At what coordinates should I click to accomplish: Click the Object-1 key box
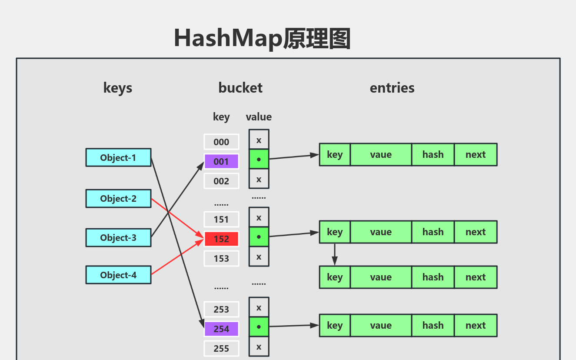point(118,157)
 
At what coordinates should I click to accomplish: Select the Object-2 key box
point(118,198)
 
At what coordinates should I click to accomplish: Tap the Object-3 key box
point(118,238)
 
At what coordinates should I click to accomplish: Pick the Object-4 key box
point(118,275)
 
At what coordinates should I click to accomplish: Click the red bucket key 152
point(221,239)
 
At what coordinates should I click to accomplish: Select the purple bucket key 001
point(221,161)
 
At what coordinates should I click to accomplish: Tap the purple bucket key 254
point(221,329)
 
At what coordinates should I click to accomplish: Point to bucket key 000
point(221,142)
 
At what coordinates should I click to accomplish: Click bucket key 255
point(221,348)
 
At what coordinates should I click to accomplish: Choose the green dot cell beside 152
point(259,237)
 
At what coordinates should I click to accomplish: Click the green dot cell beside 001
point(259,159)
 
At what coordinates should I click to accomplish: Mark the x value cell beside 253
point(259,307)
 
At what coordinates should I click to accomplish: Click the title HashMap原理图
point(262,38)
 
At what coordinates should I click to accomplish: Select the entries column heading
point(392,88)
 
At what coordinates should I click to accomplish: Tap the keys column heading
point(118,88)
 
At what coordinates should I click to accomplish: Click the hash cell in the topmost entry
point(433,154)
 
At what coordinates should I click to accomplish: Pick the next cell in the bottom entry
point(476,325)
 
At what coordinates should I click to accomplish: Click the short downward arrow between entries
point(334,254)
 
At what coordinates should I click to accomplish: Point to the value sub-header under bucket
point(259,117)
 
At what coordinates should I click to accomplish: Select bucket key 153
point(221,258)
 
